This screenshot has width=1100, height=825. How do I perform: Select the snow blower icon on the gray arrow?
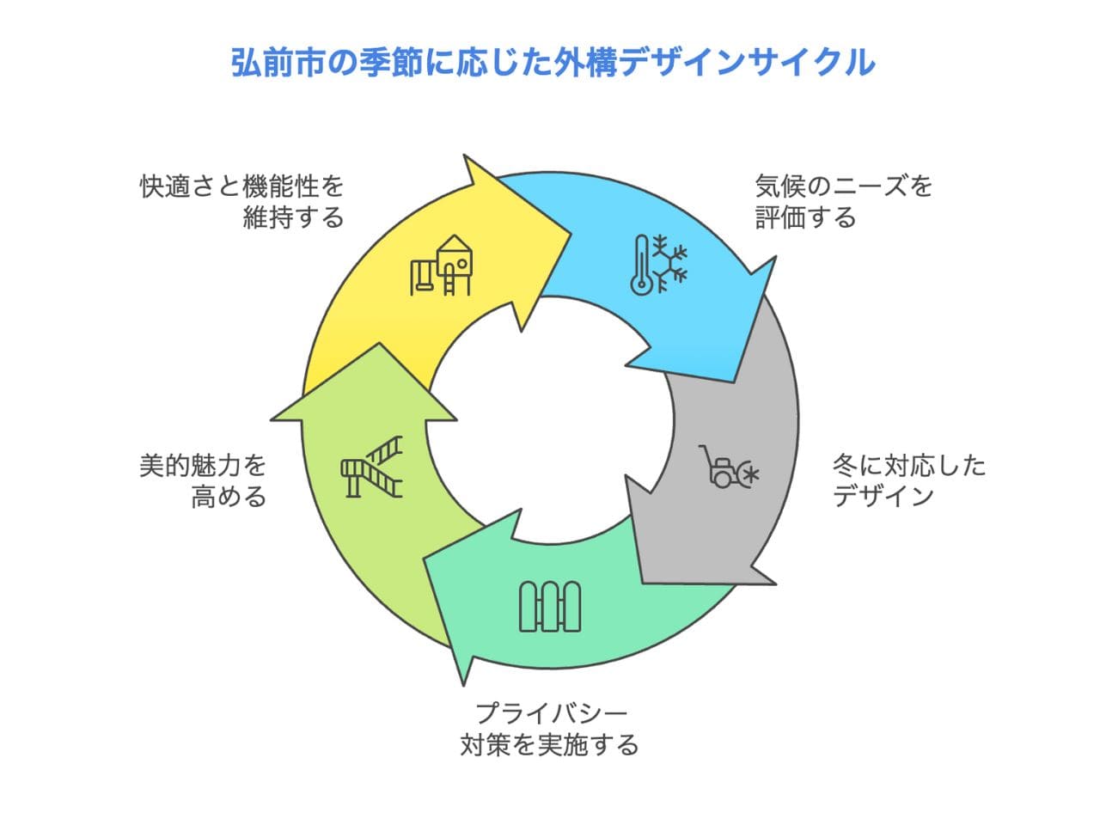click(x=729, y=467)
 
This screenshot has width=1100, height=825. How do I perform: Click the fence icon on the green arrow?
click(x=550, y=606)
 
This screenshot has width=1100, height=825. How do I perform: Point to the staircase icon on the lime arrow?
click(x=371, y=466)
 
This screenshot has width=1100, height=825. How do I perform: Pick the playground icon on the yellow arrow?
click(x=441, y=266)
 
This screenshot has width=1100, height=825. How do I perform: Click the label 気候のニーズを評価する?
click(x=843, y=201)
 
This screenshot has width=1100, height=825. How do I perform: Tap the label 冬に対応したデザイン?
click(x=908, y=480)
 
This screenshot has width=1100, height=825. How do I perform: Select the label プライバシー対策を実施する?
click(x=550, y=728)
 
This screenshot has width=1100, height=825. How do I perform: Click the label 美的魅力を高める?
click(x=204, y=480)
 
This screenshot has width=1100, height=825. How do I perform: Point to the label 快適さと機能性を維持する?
click(x=242, y=201)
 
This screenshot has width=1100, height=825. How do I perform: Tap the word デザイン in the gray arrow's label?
click(x=883, y=496)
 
